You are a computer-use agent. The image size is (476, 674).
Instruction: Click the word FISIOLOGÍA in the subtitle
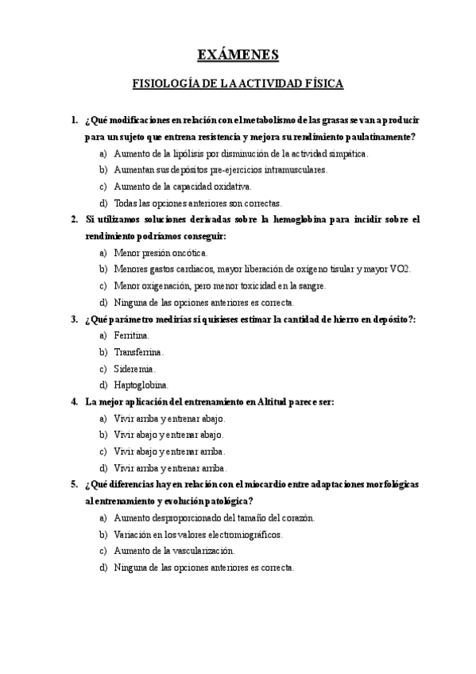pos(164,83)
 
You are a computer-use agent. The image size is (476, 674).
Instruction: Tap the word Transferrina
pos(139,351)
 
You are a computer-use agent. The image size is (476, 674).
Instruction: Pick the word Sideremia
pos(134,368)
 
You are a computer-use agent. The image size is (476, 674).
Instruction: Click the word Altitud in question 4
pos(275,401)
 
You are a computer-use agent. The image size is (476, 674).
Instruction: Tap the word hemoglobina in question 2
pos(287,219)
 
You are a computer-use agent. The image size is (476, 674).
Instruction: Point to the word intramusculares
pos(289,169)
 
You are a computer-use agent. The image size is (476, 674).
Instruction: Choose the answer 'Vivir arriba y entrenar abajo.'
pos(170,418)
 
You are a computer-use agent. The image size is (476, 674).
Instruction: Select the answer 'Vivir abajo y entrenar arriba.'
pos(170,451)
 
